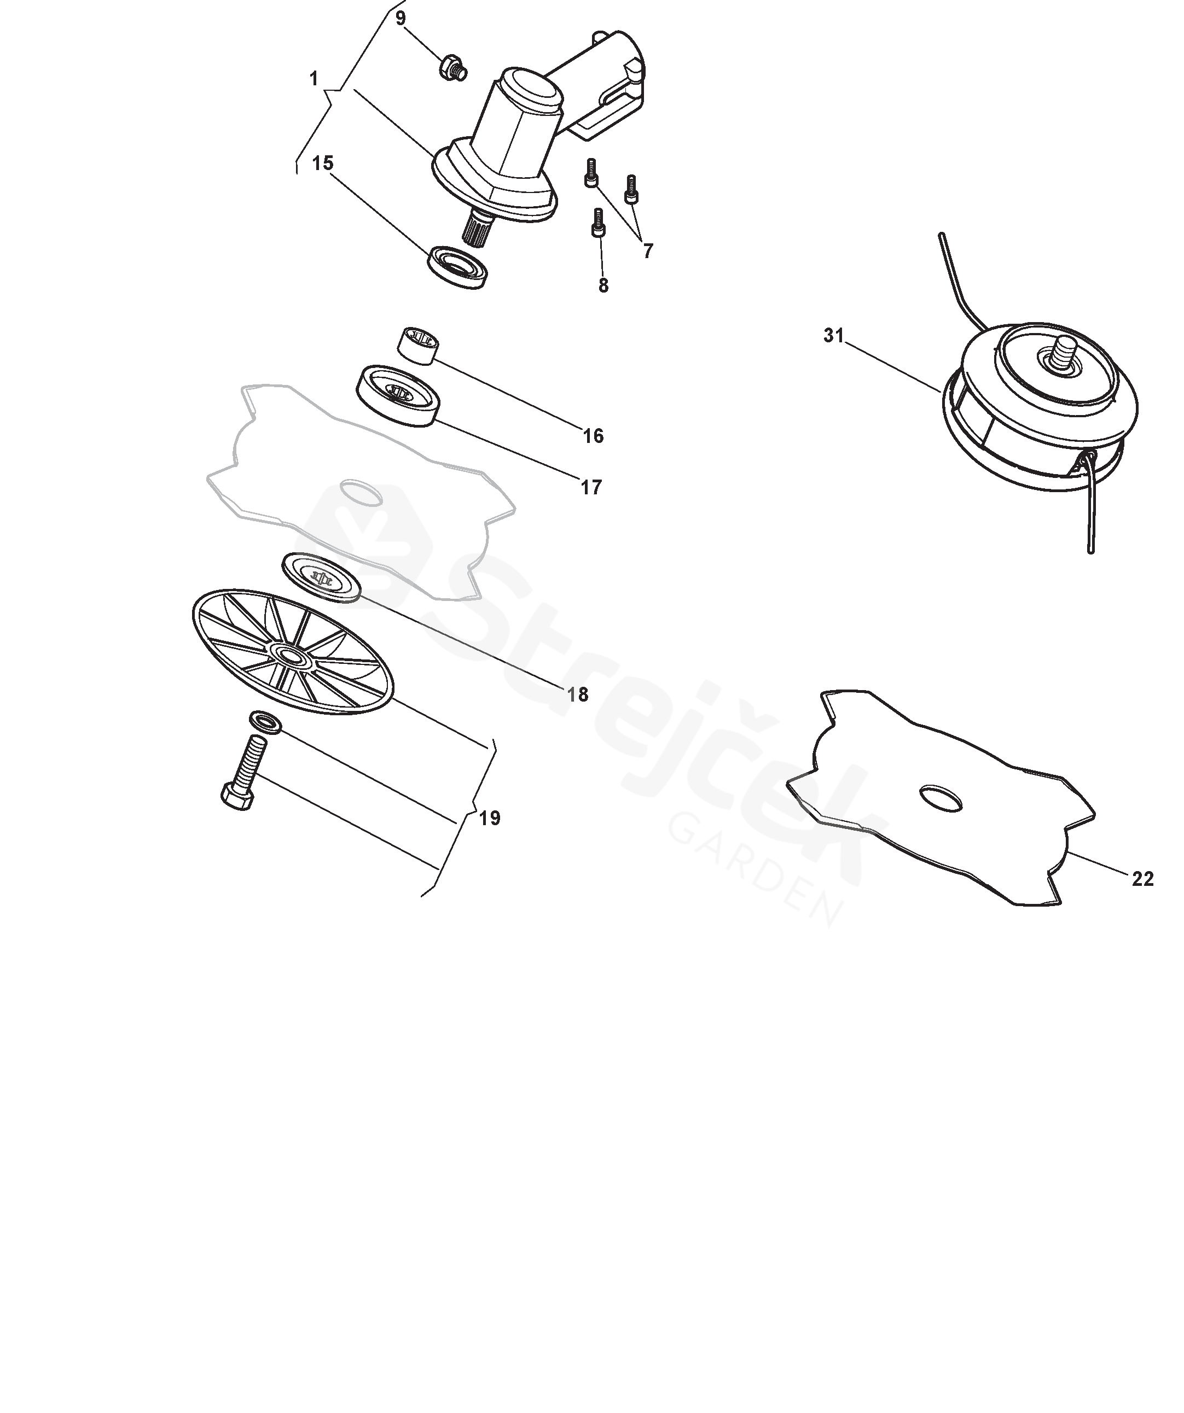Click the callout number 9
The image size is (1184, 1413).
401,18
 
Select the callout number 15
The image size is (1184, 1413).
323,163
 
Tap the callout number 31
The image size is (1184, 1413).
834,335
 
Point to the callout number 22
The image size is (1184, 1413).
1143,879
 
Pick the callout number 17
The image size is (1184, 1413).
591,487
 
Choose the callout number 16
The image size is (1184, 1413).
593,436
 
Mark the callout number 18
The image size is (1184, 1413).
578,694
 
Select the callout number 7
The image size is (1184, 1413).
647,251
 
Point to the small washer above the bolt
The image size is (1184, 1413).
266,721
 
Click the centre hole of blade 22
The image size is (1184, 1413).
942,797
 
